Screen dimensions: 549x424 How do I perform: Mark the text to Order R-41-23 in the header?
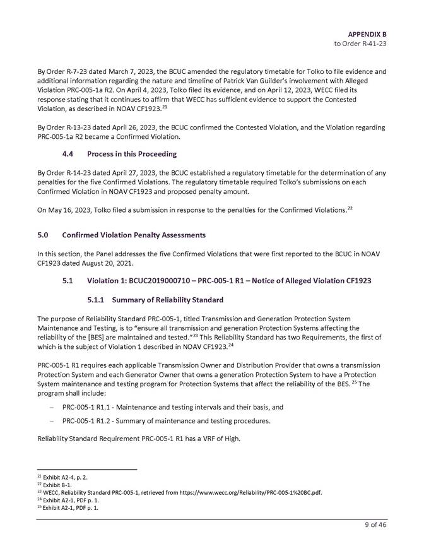click(360, 44)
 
